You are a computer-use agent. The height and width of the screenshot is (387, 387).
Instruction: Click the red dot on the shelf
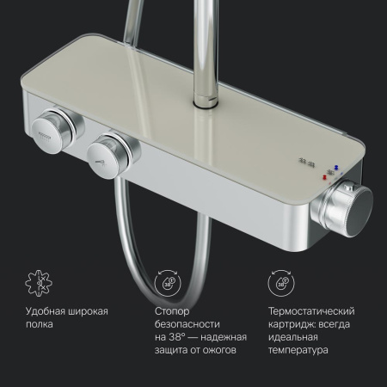coord(324,177)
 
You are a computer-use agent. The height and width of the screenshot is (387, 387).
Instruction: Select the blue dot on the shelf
coord(336,167)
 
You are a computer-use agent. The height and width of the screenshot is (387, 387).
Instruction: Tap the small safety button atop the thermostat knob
coord(348,188)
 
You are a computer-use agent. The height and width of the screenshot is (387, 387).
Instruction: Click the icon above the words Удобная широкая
coord(39,283)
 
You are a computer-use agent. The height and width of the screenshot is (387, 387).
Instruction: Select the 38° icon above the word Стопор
coord(168,283)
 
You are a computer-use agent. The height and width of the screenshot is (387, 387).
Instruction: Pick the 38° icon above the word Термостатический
coord(281,283)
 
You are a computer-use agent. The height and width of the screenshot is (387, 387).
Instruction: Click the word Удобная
coord(46,311)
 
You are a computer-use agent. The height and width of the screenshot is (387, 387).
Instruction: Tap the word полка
coord(40,324)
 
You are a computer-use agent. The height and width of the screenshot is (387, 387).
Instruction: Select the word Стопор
coord(172,311)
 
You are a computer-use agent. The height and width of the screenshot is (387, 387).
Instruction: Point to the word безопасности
coord(187,324)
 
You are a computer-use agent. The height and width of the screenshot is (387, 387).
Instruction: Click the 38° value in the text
coord(176,337)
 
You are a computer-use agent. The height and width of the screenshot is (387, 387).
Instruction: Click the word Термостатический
coord(311,311)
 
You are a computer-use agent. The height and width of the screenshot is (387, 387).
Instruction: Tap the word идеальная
coord(293,337)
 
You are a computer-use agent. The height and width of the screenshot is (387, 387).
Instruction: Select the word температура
coord(298,350)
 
